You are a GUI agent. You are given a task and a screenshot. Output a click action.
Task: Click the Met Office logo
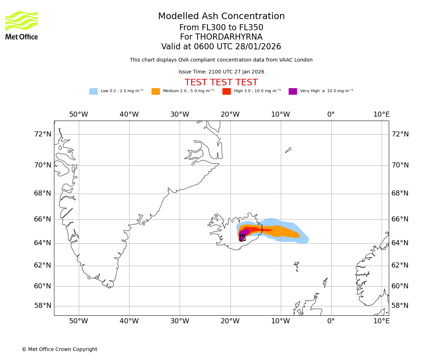[x=22, y=25]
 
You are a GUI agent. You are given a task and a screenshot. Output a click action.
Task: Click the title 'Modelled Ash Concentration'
[x=221, y=17]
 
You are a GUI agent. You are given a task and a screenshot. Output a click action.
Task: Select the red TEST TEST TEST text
[x=221, y=82]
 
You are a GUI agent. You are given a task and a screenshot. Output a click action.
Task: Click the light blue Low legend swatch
[x=93, y=91]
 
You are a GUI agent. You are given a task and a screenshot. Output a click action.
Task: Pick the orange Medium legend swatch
[x=156, y=91]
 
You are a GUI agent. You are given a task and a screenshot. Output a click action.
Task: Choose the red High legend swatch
[x=226, y=91]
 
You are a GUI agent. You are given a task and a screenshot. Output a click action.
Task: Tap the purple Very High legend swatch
[x=293, y=91]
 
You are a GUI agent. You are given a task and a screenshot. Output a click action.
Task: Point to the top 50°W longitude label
[x=78, y=114]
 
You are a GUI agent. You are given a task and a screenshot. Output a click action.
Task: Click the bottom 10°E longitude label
[x=381, y=321]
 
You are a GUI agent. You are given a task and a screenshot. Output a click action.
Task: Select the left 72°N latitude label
[x=42, y=134]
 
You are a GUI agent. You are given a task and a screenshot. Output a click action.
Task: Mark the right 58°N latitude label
[x=400, y=306]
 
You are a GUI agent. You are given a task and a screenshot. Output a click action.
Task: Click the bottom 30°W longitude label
[x=180, y=321]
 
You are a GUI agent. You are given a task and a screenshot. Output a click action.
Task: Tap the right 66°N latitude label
[x=400, y=219]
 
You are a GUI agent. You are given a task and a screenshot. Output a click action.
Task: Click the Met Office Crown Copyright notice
[x=59, y=349]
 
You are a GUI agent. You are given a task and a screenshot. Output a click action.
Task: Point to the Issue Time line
[x=221, y=72]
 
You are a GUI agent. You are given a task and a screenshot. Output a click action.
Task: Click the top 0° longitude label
[x=331, y=114]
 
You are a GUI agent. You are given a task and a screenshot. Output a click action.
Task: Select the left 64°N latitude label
[x=42, y=243]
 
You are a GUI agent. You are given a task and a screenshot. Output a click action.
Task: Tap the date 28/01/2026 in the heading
[x=258, y=47]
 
